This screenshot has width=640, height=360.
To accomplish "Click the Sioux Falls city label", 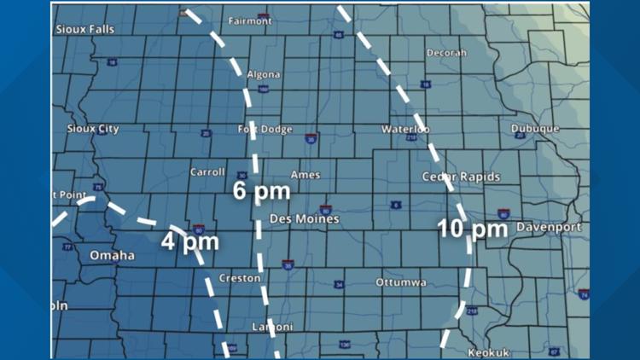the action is tap(84, 29).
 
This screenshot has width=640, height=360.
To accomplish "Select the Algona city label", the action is tap(263, 75).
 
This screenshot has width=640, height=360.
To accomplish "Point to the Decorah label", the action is tap(447, 53).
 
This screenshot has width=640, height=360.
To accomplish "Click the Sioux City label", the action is tap(93, 129).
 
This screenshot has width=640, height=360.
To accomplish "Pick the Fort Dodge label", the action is tap(265, 130).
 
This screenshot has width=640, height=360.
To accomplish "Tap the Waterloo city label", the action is tap(405, 129).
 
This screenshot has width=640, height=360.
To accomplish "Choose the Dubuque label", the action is tap(535, 129).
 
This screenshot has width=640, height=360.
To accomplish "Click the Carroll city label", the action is tap(207, 172).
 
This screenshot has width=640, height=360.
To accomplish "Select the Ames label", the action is tap(305, 175).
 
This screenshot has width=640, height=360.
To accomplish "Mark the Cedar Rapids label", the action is tap(461, 177).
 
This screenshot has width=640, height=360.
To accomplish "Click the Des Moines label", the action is tap(305, 219).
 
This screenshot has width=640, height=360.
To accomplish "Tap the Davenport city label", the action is tap(550, 228).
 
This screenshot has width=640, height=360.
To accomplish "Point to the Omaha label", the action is tap(112, 255).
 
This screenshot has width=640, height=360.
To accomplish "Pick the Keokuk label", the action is tap(488, 352).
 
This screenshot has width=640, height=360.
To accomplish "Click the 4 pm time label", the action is tap(190, 241).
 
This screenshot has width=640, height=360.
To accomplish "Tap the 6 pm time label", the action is tap(262, 191).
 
